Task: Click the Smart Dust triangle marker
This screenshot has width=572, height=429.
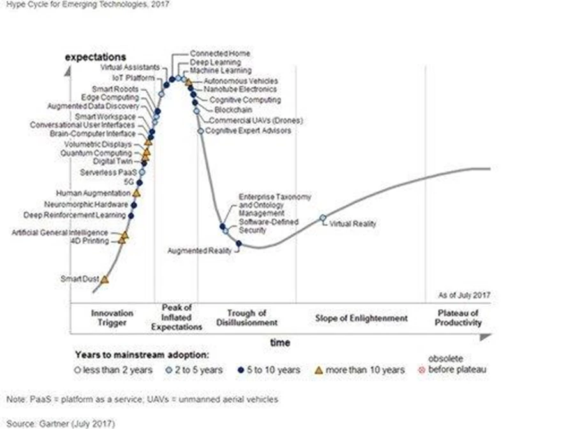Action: pyautogui.click(x=105, y=279)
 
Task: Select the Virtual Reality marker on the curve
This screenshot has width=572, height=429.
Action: pyautogui.click(x=323, y=218)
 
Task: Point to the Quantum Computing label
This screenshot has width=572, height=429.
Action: pyautogui.click(x=96, y=153)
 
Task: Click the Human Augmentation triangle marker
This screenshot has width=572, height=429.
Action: pyautogui.click(x=136, y=192)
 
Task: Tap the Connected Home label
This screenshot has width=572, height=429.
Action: pyautogui.click(x=220, y=54)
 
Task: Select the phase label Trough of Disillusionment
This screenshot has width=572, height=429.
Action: pyautogui.click(x=246, y=318)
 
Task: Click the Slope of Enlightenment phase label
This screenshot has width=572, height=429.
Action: pyautogui.click(x=361, y=318)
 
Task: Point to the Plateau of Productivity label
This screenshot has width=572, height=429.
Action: pyautogui.click(x=458, y=318)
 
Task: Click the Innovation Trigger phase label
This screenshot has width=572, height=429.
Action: pyautogui.click(x=112, y=318)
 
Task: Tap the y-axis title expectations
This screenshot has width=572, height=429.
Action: pyautogui.click(x=95, y=58)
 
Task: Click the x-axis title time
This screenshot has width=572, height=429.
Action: pyautogui.click(x=280, y=343)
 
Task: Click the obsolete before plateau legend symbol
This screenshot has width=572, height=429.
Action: pyautogui.click(x=422, y=370)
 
